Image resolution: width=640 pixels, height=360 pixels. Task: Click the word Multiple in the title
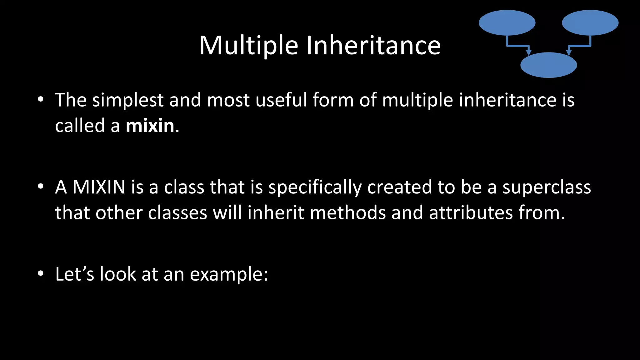tap(248, 46)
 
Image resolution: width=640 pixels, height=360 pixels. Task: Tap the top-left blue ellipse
tap(507, 23)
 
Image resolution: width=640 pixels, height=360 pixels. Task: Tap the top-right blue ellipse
tap(590, 23)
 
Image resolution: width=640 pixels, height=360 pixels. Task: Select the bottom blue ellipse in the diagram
tap(548, 65)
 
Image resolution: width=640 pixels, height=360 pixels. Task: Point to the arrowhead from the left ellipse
tap(528, 52)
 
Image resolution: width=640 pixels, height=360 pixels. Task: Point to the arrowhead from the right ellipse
tap(569, 52)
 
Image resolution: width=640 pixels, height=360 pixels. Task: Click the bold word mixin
tap(150, 126)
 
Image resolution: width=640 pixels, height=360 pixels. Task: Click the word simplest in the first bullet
tap(127, 100)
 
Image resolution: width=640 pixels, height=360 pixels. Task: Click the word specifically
tap(315, 187)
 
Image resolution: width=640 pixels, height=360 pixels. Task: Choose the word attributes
tap(471, 213)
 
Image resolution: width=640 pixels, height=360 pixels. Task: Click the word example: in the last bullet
tap(229, 274)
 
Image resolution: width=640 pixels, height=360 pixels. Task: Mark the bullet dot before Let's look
tap(41, 273)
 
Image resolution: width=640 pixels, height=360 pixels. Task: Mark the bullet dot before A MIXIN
tap(41, 187)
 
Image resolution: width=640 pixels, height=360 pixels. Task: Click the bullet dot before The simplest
tap(41, 100)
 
